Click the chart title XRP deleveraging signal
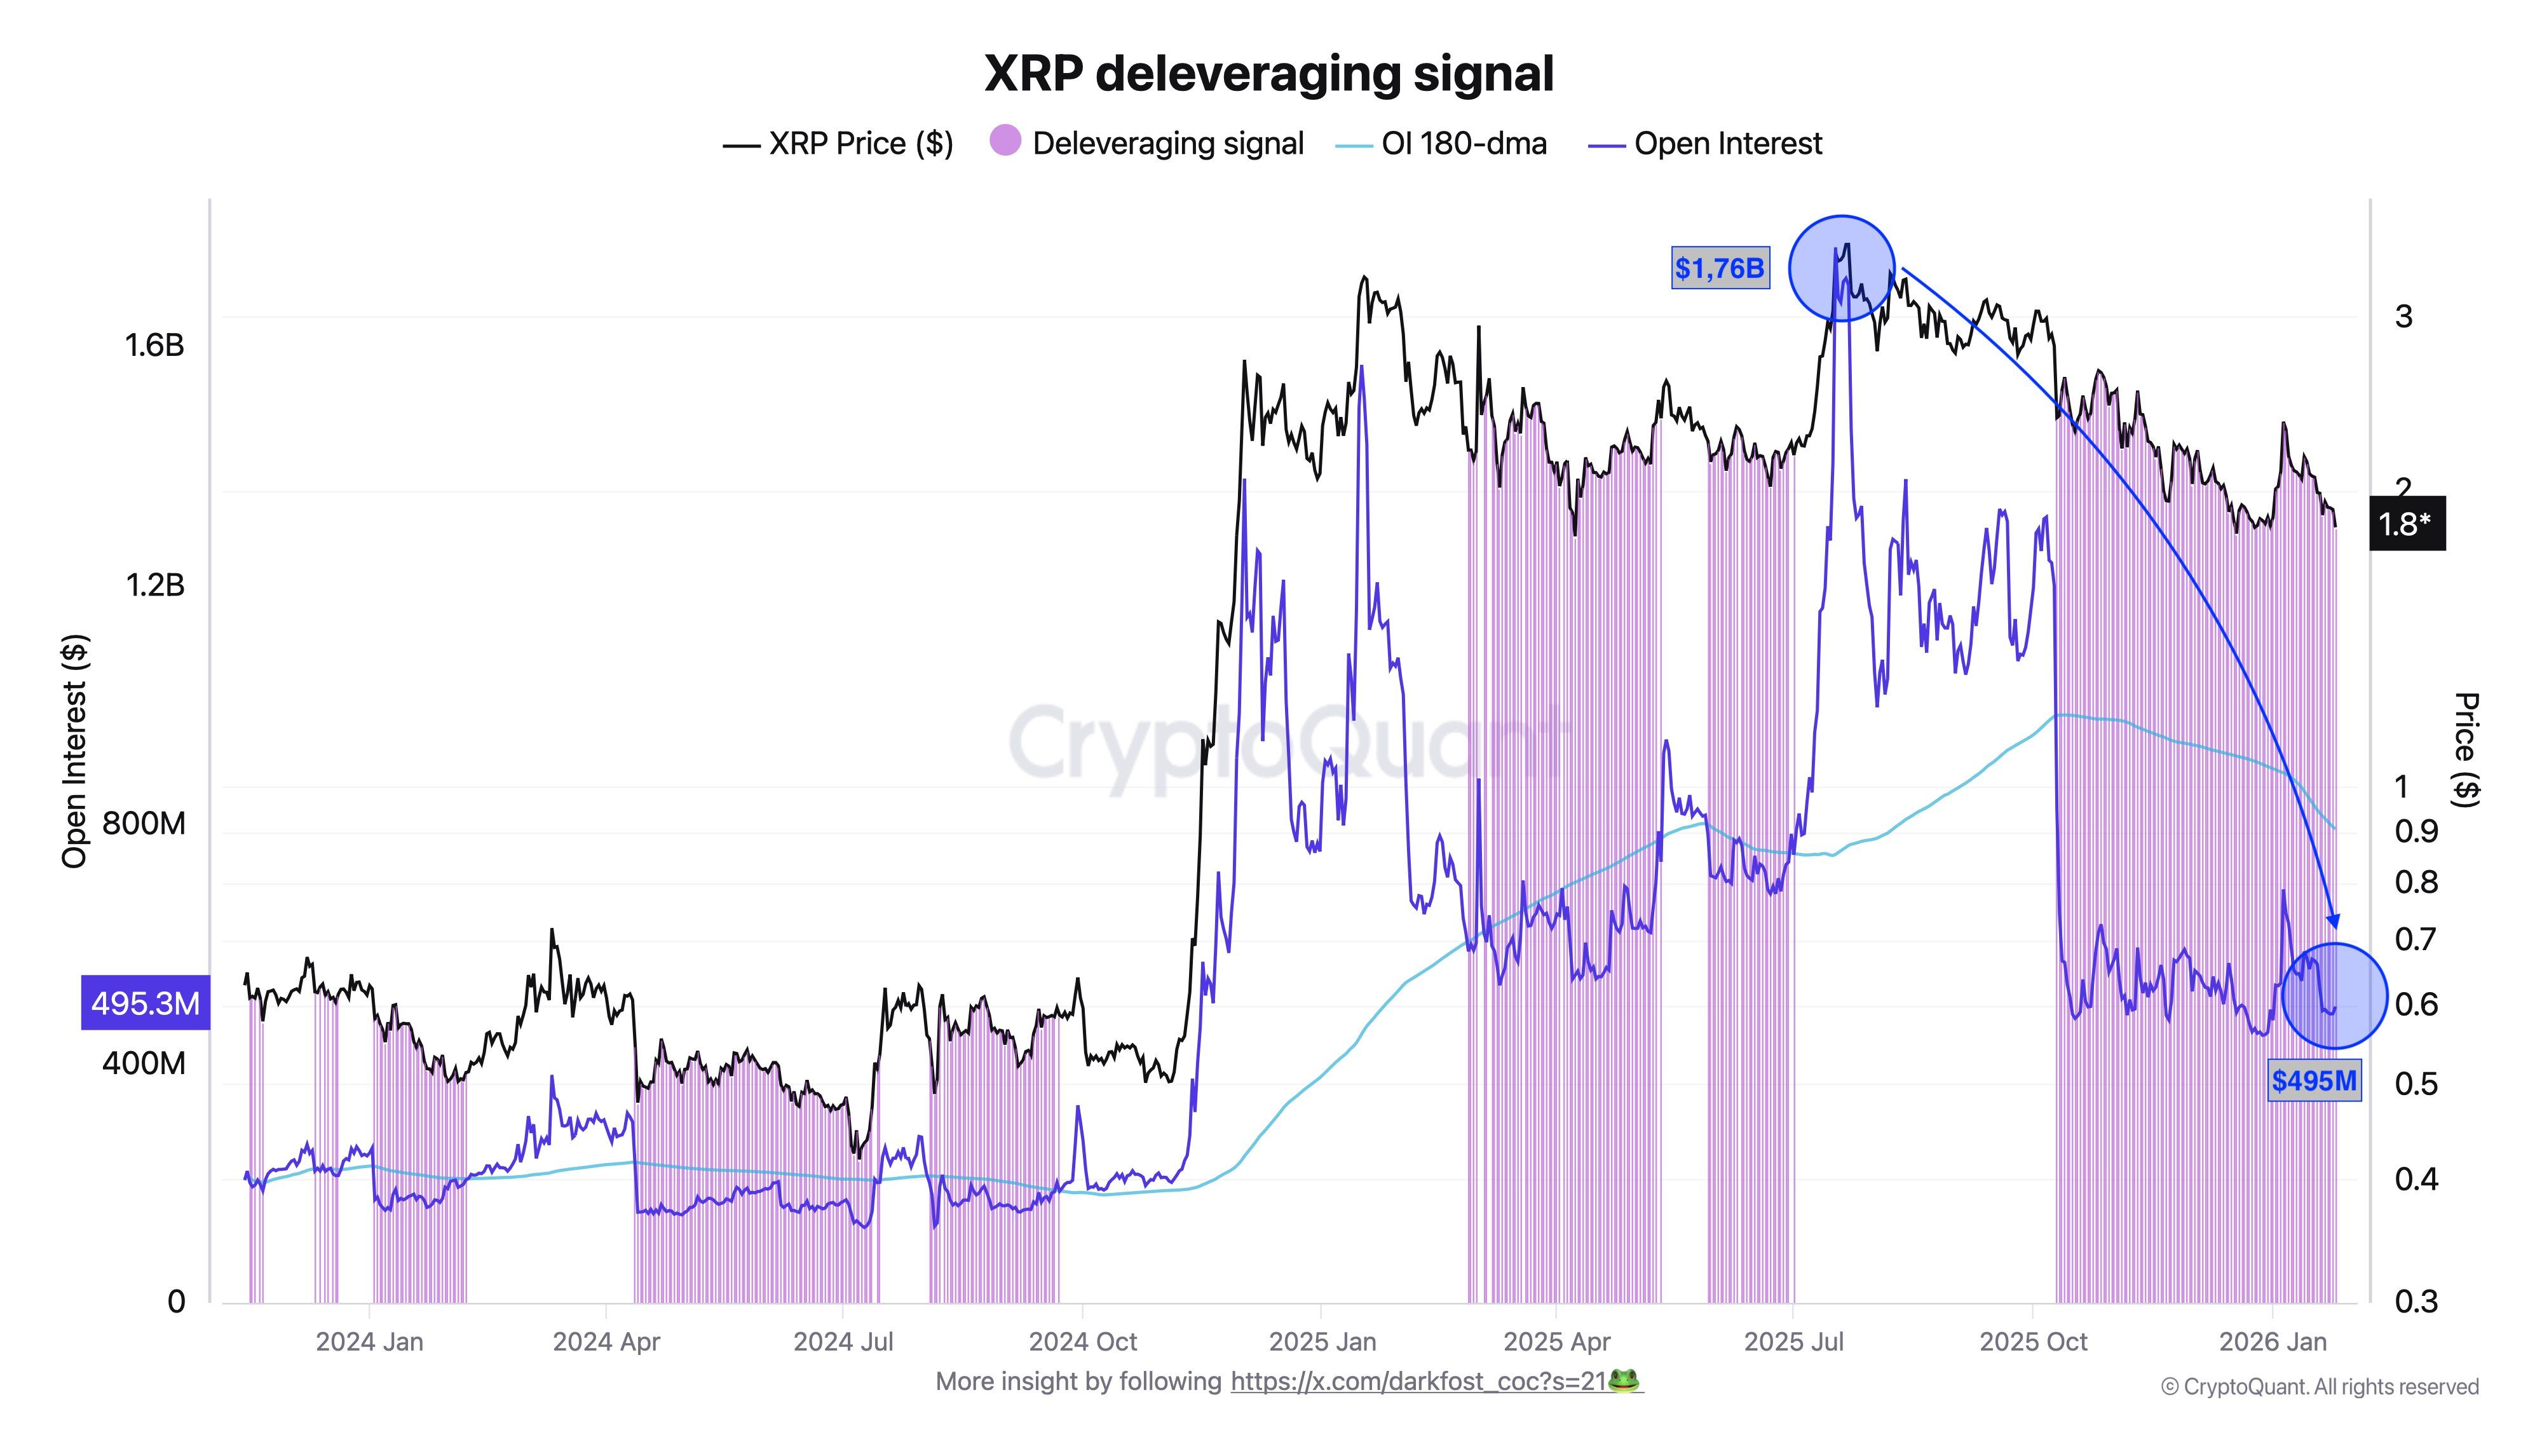[1269, 73]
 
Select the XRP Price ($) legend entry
[839, 144]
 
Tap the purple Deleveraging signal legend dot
[1005, 141]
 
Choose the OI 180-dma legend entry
[1443, 144]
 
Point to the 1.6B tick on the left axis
[154, 344]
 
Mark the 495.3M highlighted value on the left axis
[145, 1004]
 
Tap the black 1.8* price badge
[2406, 524]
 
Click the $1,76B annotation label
[1719, 268]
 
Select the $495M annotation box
[2313, 1080]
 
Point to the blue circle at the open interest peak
[1842, 268]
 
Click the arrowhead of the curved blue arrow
[2333, 922]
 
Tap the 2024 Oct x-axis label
[1082, 1342]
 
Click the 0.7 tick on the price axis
[2415, 939]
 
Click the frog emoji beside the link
[1623, 1380]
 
